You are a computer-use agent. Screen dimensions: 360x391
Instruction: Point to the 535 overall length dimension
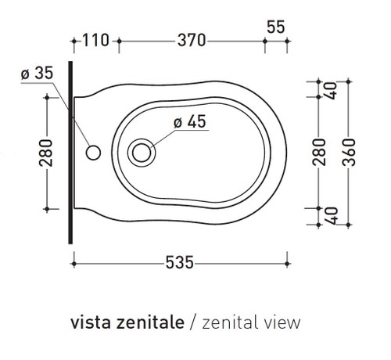pyautogui.click(x=178, y=263)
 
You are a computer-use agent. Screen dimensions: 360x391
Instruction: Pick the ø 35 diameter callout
pyautogui.click(x=36, y=73)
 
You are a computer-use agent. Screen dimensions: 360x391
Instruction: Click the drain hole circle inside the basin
pyautogui.click(x=142, y=150)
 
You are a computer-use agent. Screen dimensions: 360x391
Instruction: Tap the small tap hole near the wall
pyautogui.click(x=94, y=151)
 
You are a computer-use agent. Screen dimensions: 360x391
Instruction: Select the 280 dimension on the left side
pyautogui.click(x=45, y=152)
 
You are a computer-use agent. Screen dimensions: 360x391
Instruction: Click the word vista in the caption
pyautogui.click(x=89, y=322)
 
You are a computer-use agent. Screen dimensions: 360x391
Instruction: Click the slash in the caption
pyautogui.click(x=192, y=322)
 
